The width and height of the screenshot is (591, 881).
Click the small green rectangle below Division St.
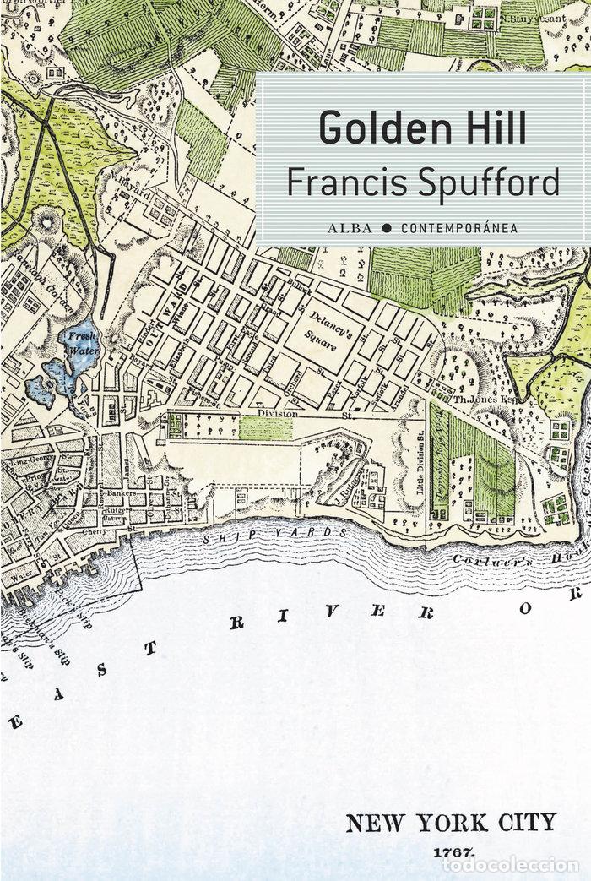coord(265,427)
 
